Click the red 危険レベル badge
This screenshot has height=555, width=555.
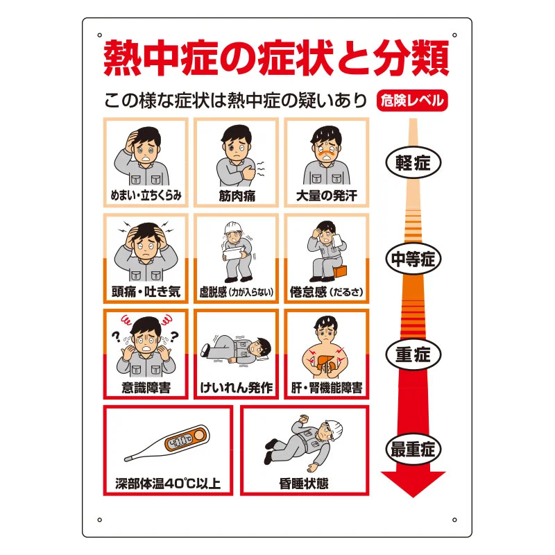(412, 101)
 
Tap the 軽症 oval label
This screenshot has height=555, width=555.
(413, 163)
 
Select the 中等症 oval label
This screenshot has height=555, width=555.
(413, 259)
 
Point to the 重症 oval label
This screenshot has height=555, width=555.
(413, 355)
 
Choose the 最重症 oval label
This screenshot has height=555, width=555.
(413, 450)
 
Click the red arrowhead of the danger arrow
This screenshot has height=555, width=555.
(413, 484)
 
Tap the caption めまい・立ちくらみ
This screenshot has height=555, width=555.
(146, 196)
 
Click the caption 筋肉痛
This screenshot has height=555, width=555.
(237, 196)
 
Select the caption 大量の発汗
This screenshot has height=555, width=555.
(327, 196)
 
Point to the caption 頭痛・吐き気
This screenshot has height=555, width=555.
(146, 291)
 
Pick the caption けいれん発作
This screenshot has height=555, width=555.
(237, 388)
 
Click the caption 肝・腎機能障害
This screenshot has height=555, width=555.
(327, 388)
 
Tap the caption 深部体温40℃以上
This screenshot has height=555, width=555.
(168, 484)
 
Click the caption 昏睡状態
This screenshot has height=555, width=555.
(304, 484)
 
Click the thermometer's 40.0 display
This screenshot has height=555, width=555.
(180, 441)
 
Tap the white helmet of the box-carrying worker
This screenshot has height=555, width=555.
(232, 228)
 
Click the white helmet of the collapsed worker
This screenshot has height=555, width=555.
(334, 427)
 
